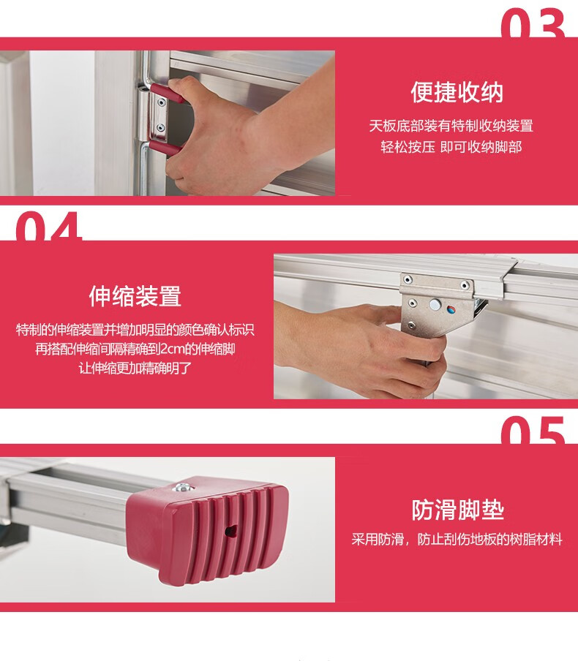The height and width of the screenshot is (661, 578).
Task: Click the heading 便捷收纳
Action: coord(457,92)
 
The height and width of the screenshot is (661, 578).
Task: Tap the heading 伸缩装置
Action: coord(135,296)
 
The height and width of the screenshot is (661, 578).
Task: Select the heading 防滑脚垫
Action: coord(458,510)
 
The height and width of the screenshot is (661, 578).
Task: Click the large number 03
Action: coord(533,23)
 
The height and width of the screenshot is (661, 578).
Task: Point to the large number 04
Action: coord(48,226)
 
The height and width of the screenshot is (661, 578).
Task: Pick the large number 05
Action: coord(533,430)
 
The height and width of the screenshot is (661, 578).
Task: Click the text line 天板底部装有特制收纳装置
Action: coord(451,126)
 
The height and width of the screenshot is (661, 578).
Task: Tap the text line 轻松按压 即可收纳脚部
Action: coord(451,147)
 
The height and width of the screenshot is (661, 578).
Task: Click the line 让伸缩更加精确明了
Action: coord(135,368)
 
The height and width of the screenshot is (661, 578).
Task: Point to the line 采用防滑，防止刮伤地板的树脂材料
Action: coord(457,539)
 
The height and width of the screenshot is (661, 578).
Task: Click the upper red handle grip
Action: coord(167,93)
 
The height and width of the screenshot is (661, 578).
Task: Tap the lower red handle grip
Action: coord(165,148)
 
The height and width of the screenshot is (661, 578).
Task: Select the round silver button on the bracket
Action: coord(435,304)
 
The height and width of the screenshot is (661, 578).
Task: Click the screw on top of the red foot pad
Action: coord(182,488)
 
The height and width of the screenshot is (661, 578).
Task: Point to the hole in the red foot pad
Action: coord(230,531)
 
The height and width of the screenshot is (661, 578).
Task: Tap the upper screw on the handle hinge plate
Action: coord(162,102)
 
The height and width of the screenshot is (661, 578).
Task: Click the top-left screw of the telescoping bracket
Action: coord(407,279)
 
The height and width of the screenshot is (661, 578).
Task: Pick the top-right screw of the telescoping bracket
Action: coord(464,285)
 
